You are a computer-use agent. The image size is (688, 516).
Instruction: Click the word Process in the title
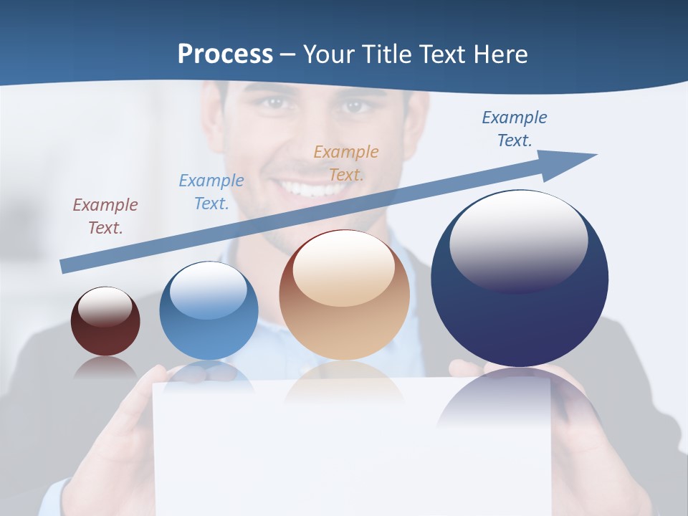(225, 54)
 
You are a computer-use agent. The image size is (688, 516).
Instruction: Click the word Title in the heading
(385, 54)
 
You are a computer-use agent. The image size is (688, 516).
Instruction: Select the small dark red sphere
(105, 321)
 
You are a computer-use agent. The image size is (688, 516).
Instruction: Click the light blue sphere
(209, 311)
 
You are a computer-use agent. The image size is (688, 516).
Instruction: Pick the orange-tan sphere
(344, 295)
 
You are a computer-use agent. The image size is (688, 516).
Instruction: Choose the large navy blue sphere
(520, 278)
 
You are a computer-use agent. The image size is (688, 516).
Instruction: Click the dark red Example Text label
(105, 216)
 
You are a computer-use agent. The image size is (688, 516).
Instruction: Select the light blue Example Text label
(211, 192)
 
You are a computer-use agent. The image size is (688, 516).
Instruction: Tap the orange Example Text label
(346, 163)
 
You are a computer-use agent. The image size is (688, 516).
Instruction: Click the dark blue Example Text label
(515, 129)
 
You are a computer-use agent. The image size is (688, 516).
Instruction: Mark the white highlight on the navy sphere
(518, 241)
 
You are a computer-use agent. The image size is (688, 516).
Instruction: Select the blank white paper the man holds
(351, 451)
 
